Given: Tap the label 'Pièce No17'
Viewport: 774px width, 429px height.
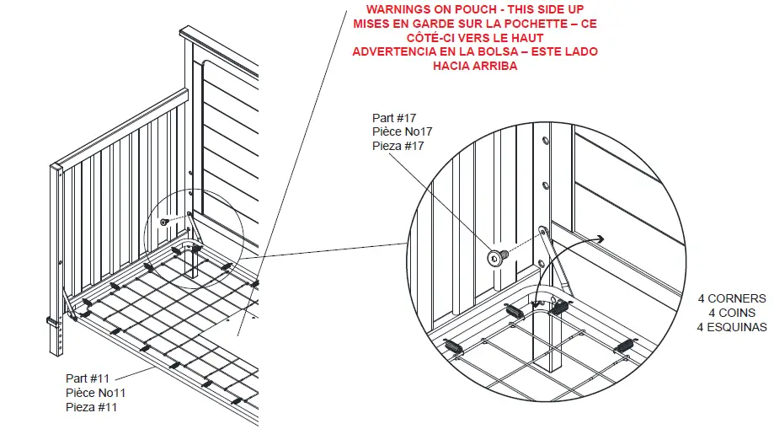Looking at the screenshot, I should (x=402, y=132).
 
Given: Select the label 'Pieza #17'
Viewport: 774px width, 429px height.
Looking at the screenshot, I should (x=398, y=146).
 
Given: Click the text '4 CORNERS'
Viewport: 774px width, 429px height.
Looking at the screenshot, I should (x=732, y=298).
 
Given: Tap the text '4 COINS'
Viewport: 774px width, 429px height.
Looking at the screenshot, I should (x=732, y=313).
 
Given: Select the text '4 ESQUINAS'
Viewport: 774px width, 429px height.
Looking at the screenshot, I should (x=732, y=327).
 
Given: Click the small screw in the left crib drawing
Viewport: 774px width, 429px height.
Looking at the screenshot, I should (x=166, y=221).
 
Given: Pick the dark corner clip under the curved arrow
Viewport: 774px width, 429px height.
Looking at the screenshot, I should (x=558, y=307).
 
